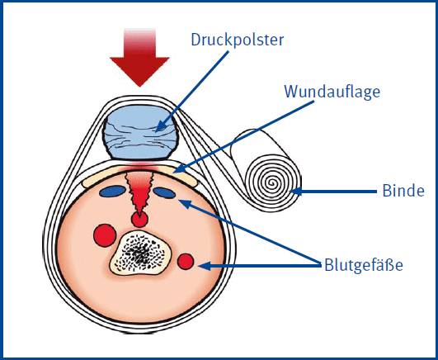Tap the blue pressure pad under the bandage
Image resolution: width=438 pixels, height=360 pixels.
(x=140, y=131)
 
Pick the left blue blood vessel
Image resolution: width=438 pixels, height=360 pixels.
(x=111, y=192)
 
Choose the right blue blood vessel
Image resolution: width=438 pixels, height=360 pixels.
(x=164, y=193)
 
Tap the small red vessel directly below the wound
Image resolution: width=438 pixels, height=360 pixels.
(x=139, y=220)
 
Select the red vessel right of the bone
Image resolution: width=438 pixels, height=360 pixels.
(x=186, y=263)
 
